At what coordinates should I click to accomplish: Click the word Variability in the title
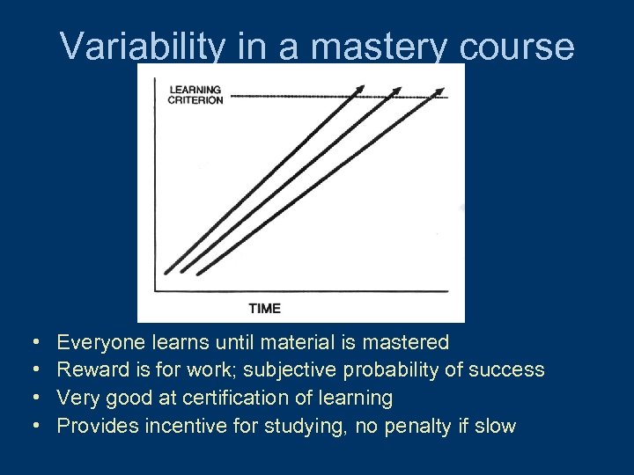click(x=141, y=47)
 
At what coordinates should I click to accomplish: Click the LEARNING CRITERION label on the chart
click(x=195, y=95)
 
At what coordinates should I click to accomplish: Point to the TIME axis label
click(x=264, y=308)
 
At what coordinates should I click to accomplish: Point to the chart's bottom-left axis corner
click(x=156, y=290)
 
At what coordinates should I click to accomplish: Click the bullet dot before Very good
click(x=33, y=398)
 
